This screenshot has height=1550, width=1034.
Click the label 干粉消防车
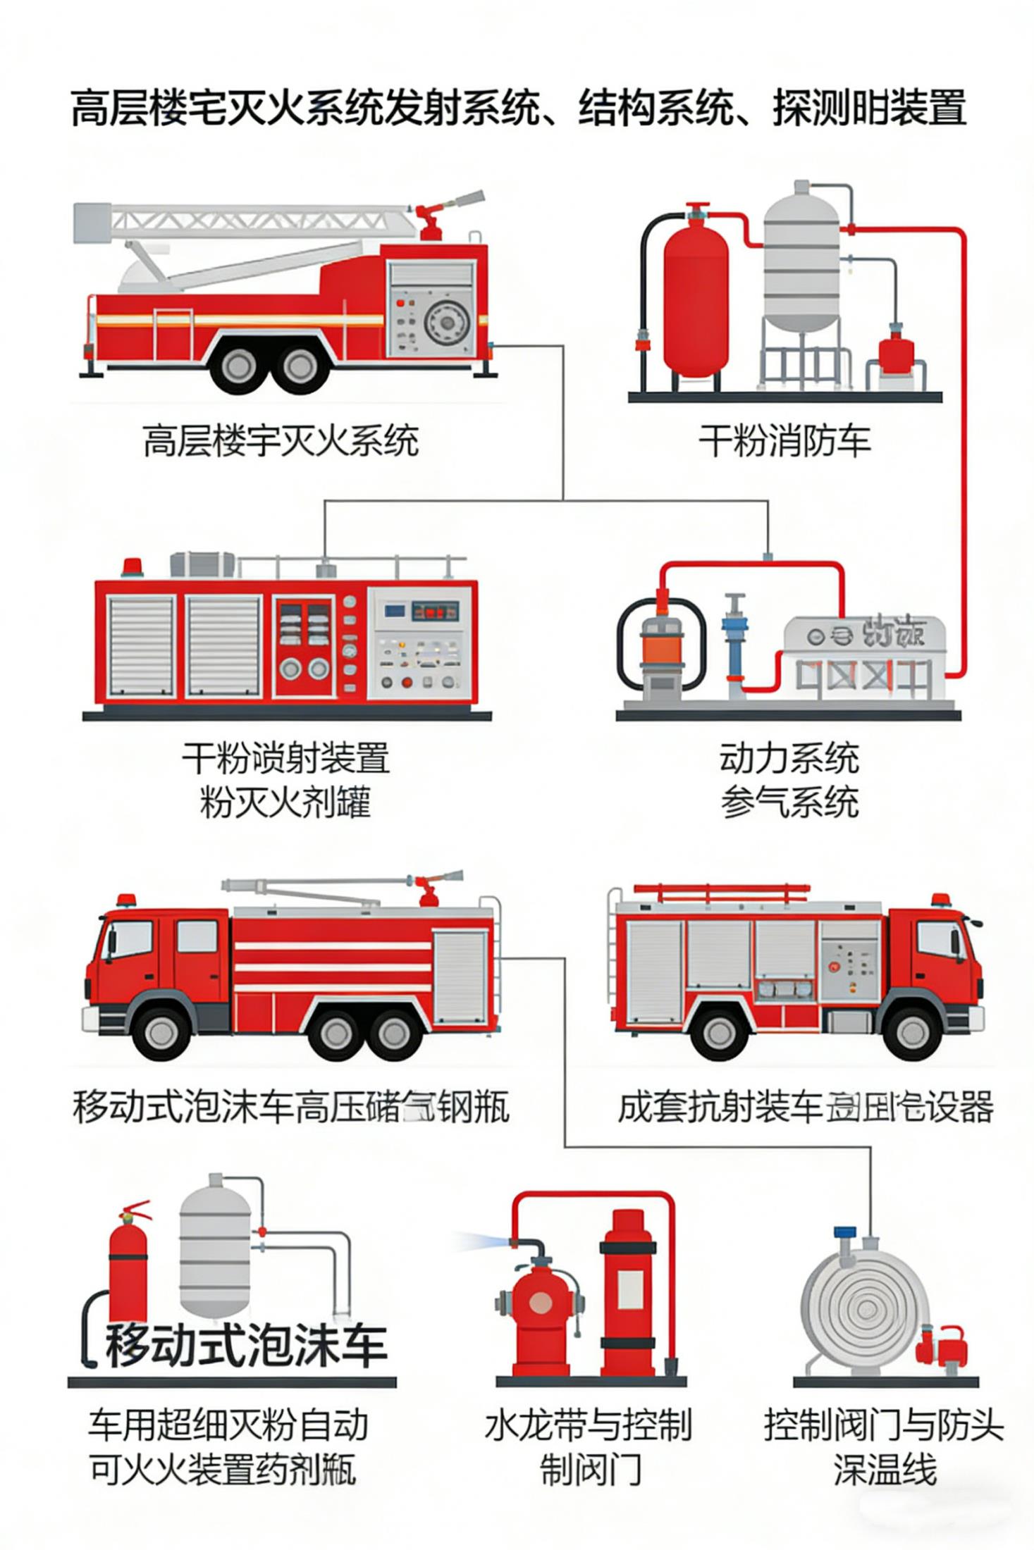coord(784,440)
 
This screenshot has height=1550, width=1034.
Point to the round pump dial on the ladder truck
coord(446,323)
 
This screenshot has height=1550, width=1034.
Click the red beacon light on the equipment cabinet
coord(132,566)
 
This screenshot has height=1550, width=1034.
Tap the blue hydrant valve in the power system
coord(735,641)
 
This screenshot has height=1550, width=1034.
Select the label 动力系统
coord(789,758)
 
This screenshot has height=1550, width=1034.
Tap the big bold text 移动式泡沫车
coord(246,1344)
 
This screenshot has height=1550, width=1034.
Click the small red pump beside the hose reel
coord(942,1344)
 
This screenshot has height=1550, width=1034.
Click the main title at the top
coord(518,108)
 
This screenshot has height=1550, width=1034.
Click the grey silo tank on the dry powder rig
coord(801,261)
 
